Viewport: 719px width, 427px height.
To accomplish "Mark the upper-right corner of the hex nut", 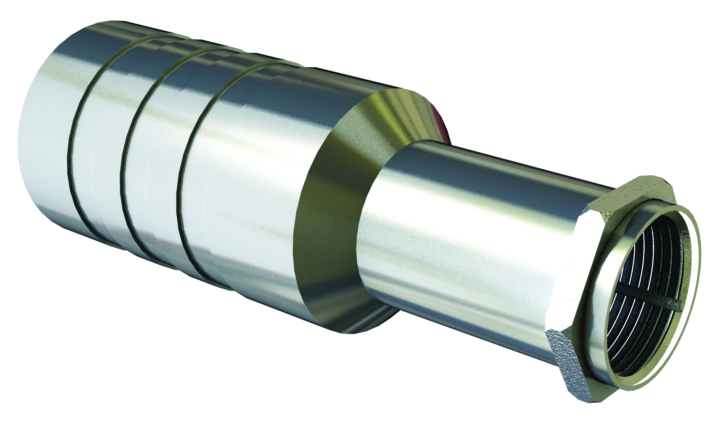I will pos(674,199).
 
